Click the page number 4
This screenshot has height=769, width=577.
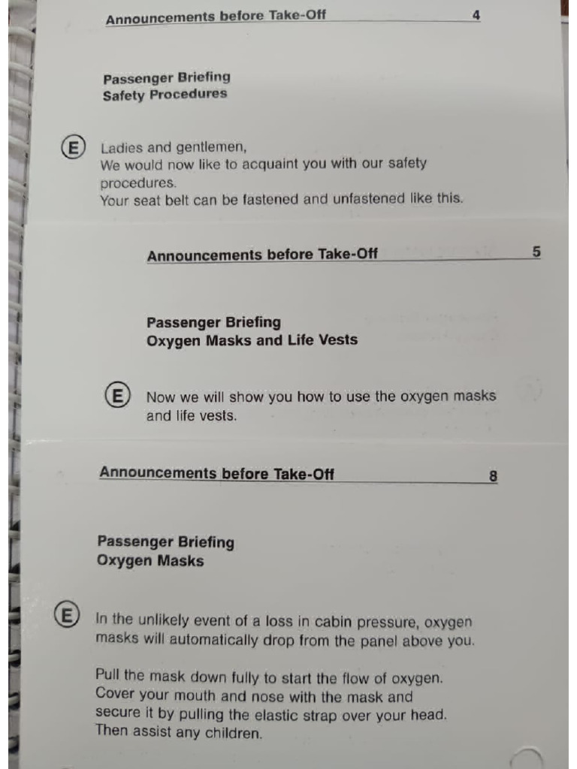pos(476,15)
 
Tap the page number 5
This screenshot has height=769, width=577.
pos(536,252)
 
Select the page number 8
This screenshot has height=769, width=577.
pos(493,476)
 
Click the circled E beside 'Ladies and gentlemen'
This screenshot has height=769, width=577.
pos(73,147)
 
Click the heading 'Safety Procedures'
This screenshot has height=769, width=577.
pos(165,95)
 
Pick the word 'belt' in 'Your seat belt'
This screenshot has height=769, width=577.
pos(174,200)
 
